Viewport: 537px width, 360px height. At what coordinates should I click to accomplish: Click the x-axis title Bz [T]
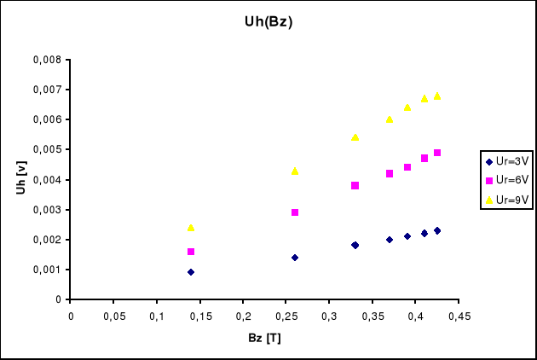point(264,339)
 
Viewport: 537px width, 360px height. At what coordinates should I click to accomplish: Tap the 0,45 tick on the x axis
point(459,316)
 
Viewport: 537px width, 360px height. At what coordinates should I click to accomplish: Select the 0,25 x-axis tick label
point(286,316)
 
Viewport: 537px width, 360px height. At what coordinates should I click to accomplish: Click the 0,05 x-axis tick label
point(114,316)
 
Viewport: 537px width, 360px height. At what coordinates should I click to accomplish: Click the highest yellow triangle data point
point(437,96)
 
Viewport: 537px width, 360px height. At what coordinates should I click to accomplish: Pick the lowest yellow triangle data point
point(191,228)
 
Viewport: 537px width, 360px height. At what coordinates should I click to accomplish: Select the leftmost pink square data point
point(191,252)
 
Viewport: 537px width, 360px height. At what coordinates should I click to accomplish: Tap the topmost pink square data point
point(437,153)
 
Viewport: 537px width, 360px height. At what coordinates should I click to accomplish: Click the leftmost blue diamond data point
point(191,272)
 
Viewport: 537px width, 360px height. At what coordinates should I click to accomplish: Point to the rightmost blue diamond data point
point(437,230)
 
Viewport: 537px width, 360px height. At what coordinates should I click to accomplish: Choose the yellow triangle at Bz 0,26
point(295,171)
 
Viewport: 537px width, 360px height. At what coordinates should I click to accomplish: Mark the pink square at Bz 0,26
point(295,212)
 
